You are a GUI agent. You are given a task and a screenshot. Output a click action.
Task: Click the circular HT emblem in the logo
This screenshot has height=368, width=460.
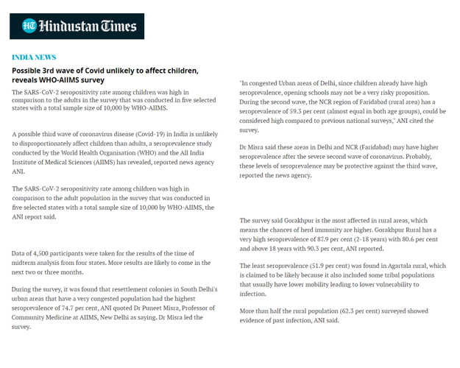pyautogui.click(x=29, y=26)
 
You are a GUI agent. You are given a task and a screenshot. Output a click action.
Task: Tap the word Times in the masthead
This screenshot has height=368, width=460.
pyautogui.click(x=118, y=26)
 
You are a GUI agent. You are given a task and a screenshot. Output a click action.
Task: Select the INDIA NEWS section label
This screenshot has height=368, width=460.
pyautogui.click(x=34, y=57)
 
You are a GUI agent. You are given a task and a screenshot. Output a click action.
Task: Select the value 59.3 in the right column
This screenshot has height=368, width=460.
pyautogui.click(x=296, y=110)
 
